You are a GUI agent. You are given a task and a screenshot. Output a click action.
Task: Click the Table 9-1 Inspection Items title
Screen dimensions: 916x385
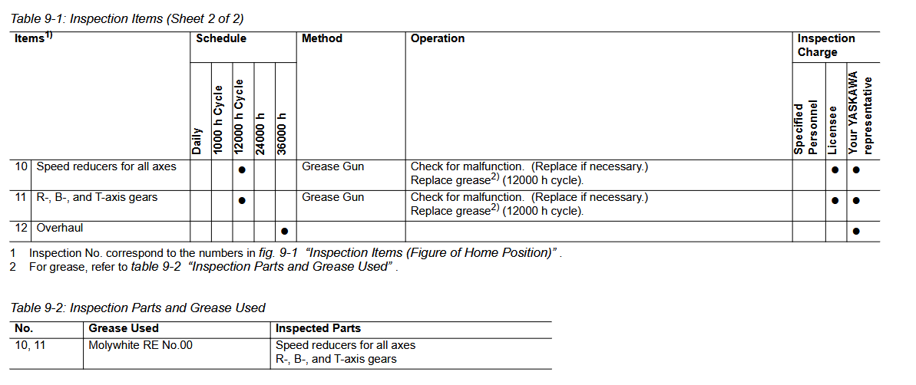[x=127, y=18]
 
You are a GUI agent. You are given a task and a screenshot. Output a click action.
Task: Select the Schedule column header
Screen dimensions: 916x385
[x=221, y=38]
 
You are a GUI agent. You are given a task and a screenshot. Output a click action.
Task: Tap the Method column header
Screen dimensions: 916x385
[x=322, y=38]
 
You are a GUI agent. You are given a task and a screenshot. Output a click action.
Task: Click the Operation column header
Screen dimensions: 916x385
[x=438, y=38]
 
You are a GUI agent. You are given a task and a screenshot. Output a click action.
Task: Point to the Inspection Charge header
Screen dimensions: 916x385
[x=826, y=45]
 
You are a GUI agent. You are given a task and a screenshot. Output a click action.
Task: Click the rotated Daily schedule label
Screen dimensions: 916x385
[x=197, y=141]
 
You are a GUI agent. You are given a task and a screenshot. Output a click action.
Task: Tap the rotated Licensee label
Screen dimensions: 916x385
[x=832, y=130]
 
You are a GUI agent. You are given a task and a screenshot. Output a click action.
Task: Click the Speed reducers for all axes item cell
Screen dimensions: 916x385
[x=106, y=167]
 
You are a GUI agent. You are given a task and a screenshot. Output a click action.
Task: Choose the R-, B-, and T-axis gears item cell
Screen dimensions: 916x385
[x=97, y=197]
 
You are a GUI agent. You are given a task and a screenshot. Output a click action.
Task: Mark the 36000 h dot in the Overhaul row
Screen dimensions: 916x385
[x=285, y=231]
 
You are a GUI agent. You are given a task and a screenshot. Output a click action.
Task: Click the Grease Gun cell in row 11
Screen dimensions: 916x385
[x=333, y=197]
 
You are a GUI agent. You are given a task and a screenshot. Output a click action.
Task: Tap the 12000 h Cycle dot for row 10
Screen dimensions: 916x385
[x=242, y=170]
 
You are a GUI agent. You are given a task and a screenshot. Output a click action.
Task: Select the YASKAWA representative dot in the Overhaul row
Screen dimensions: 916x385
[x=856, y=231]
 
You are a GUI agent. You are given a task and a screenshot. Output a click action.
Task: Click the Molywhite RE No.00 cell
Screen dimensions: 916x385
[x=141, y=345]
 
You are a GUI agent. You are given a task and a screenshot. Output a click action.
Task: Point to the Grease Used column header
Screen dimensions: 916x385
[x=124, y=328]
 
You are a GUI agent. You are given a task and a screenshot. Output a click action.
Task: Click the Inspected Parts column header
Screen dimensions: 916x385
[x=318, y=328]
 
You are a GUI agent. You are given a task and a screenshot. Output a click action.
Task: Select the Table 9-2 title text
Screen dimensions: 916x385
[x=138, y=308]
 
